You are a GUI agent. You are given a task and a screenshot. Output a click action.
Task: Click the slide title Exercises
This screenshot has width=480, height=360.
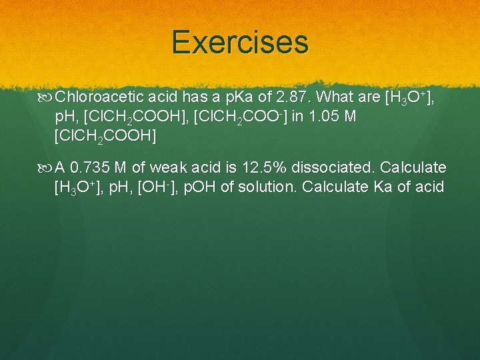pyautogui.click(x=240, y=41)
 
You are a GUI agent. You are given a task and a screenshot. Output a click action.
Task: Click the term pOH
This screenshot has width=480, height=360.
pyautogui.click(x=200, y=186)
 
